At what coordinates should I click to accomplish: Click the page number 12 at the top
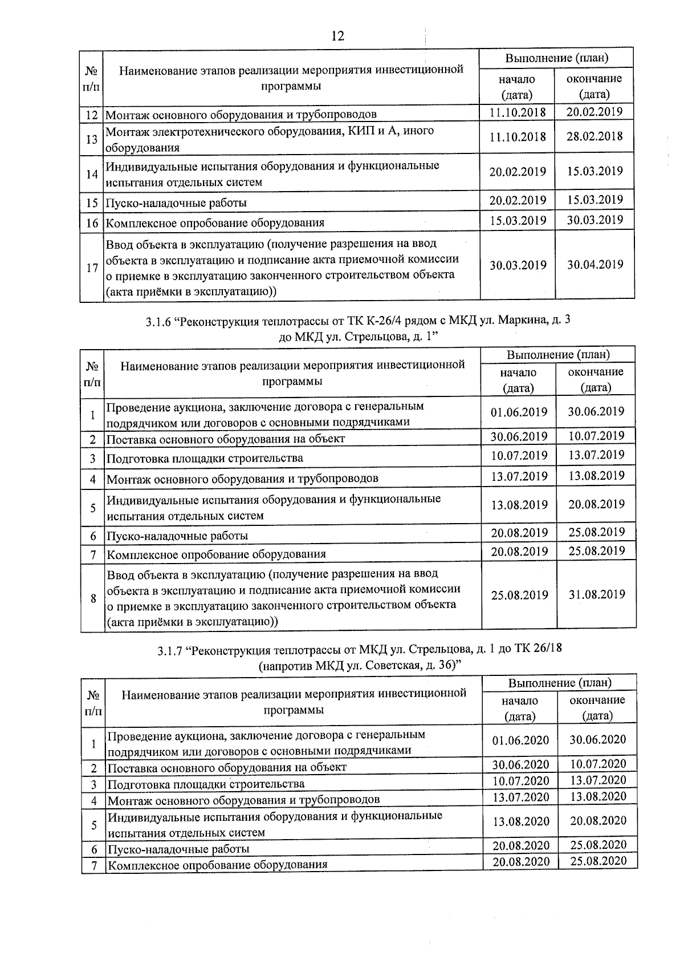(x=337, y=36)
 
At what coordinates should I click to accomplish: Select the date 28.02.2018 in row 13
(x=595, y=136)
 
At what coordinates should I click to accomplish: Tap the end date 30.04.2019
(x=595, y=264)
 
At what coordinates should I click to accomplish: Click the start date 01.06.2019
(x=519, y=412)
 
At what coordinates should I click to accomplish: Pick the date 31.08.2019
(x=597, y=594)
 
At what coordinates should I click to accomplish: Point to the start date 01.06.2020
(x=520, y=740)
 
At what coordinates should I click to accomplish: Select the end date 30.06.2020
(x=598, y=740)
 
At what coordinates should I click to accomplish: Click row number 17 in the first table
(x=92, y=268)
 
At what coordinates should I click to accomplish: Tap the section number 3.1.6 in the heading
(x=159, y=322)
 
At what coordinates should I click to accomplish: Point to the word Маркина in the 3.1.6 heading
(x=519, y=321)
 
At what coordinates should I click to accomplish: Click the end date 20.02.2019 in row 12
(x=595, y=112)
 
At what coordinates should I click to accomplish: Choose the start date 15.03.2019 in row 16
(x=518, y=221)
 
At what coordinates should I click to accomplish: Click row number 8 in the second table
(x=93, y=598)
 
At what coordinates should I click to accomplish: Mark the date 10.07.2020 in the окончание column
(x=598, y=764)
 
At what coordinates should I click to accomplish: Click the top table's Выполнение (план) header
(x=557, y=58)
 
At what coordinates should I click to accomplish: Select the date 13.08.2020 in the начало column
(x=521, y=821)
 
